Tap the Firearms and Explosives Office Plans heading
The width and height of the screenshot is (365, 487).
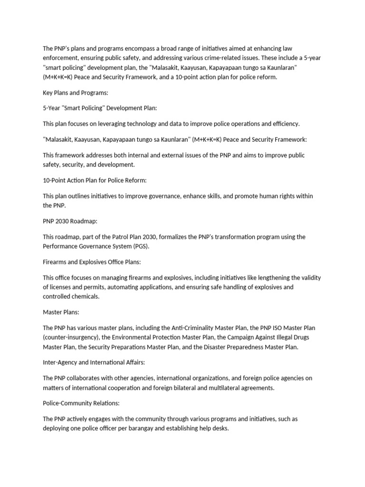click(92, 262)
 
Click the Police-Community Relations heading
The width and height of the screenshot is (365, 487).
click(81, 403)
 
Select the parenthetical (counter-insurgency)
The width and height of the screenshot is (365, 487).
click(72, 337)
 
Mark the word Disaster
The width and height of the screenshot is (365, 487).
click(227, 347)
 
